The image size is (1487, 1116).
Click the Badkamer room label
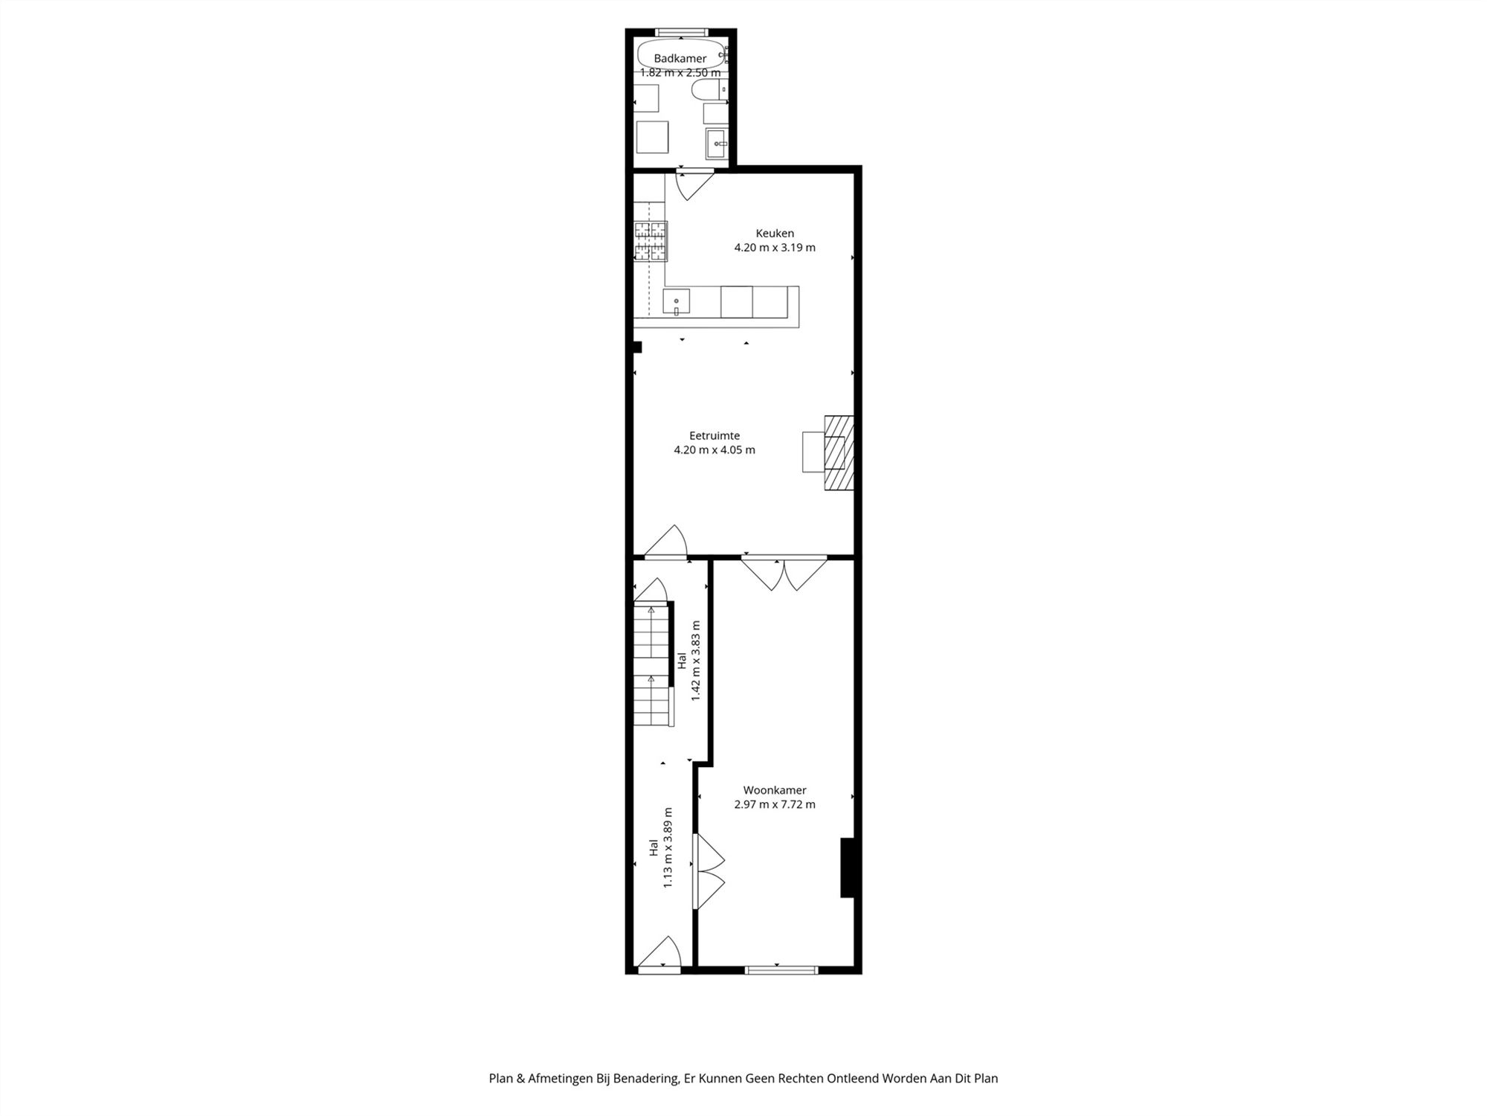(680, 59)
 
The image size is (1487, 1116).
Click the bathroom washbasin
(717, 143)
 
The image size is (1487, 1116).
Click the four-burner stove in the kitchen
(651, 241)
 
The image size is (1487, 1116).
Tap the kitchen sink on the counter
(677, 302)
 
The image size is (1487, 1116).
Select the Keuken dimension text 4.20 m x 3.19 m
(775, 248)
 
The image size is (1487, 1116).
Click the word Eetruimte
(714, 436)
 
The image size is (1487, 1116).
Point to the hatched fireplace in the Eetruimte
(839, 452)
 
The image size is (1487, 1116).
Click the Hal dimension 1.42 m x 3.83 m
(696, 661)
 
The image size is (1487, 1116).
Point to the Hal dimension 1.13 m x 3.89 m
(668, 847)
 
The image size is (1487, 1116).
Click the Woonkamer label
(774, 790)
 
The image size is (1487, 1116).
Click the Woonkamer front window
(781, 970)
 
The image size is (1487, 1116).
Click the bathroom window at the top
(680, 32)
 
